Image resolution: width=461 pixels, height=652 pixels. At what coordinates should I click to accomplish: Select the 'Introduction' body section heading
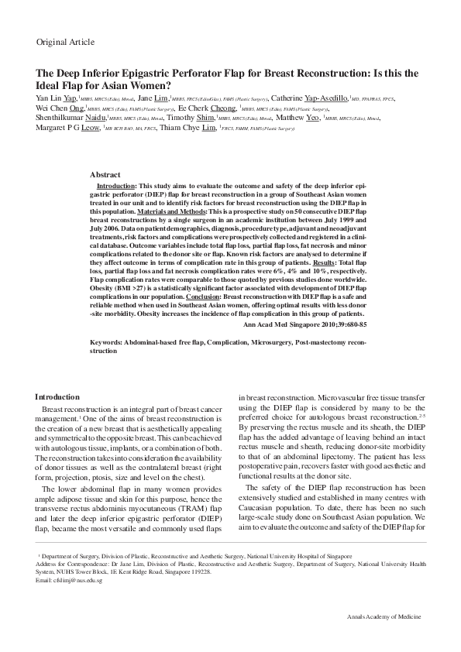point(57,396)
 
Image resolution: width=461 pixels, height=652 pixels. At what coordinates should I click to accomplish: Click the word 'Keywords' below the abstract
point(107,341)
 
